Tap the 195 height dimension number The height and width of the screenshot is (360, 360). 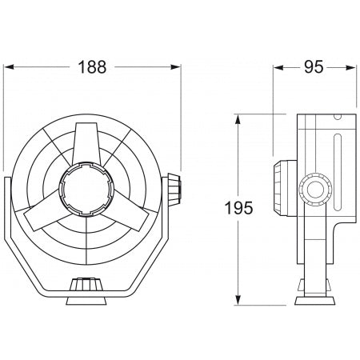click(238, 210)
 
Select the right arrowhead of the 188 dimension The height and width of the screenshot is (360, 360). click(178, 81)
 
